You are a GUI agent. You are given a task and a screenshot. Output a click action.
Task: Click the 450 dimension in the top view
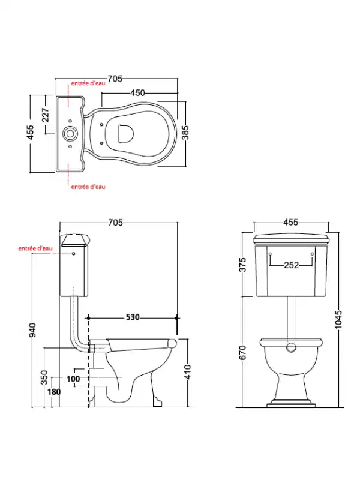click(x=137, y=92)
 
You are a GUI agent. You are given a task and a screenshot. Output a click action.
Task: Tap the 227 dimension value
click(x=46, y=115)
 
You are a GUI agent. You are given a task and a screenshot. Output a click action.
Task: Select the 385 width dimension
click(x=185, y=133)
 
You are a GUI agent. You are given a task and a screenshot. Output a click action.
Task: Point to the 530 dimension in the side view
click(x=133, y=317)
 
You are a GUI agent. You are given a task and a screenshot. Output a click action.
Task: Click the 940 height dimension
click(x=32, y=330)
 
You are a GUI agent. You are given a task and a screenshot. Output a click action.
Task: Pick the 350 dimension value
click(x=44, y=377)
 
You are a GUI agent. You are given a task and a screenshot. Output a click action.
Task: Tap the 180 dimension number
click(x=54, y=392)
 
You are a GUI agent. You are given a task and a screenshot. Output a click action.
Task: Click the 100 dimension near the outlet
click(x=73, y=379)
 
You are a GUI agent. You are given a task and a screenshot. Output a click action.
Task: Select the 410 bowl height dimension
click(x=187, y=372)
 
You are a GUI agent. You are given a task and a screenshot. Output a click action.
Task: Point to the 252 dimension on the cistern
click(x=291, y=265)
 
